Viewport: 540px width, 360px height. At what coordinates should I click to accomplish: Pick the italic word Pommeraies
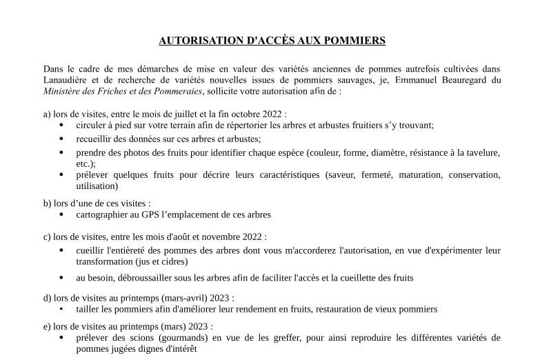click(177, 91)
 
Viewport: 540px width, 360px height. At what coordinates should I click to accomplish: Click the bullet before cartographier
click(61, 214)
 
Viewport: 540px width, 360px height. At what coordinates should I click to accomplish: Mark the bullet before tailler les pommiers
click(61, 310)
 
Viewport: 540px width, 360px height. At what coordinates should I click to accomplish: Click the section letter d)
click(48, 299)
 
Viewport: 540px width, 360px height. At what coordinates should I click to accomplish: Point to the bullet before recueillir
click(61, 139)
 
